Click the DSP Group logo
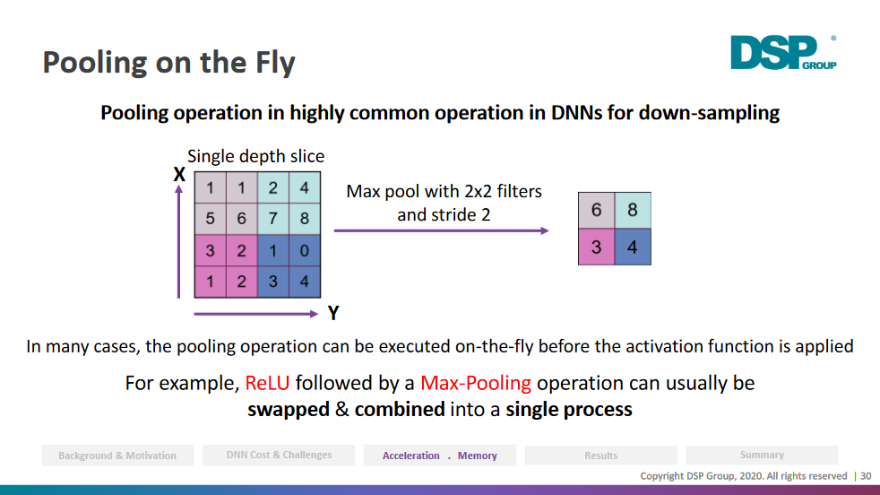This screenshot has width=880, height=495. click(x=783, y=52)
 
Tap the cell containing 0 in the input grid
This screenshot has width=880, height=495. click(x=305, y=250)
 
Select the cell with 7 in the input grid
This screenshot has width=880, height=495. click(x=273, y=219)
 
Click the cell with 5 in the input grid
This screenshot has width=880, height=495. click(x=211, y=219)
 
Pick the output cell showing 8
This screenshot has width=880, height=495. click(x=633, y=210)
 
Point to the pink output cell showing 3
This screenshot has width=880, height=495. click(x=597, y=247)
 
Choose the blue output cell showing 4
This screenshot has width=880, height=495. click(x=633, y=247)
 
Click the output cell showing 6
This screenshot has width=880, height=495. click(x=597, y=210)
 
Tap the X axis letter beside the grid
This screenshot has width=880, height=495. click(x=179, y=175)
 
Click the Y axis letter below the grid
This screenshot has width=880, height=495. click(x=333, y=313)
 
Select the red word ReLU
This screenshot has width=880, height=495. click(x=267, y=383)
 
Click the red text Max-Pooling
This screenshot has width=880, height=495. click(x=475, y=383)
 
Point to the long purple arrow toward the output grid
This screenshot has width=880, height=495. click(x=442, y=230)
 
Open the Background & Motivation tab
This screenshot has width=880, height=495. click(x=117, y=456)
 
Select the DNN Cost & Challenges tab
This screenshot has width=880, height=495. click(x=279, y=455)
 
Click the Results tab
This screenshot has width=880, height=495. click(x=601, y=456)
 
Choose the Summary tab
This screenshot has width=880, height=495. click(x=762, y=455)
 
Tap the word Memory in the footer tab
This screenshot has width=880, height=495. click(x=477, y=456)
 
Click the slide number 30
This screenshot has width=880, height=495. click(x=866, y=476)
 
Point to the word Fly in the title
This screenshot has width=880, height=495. click(x=275, y=63)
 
